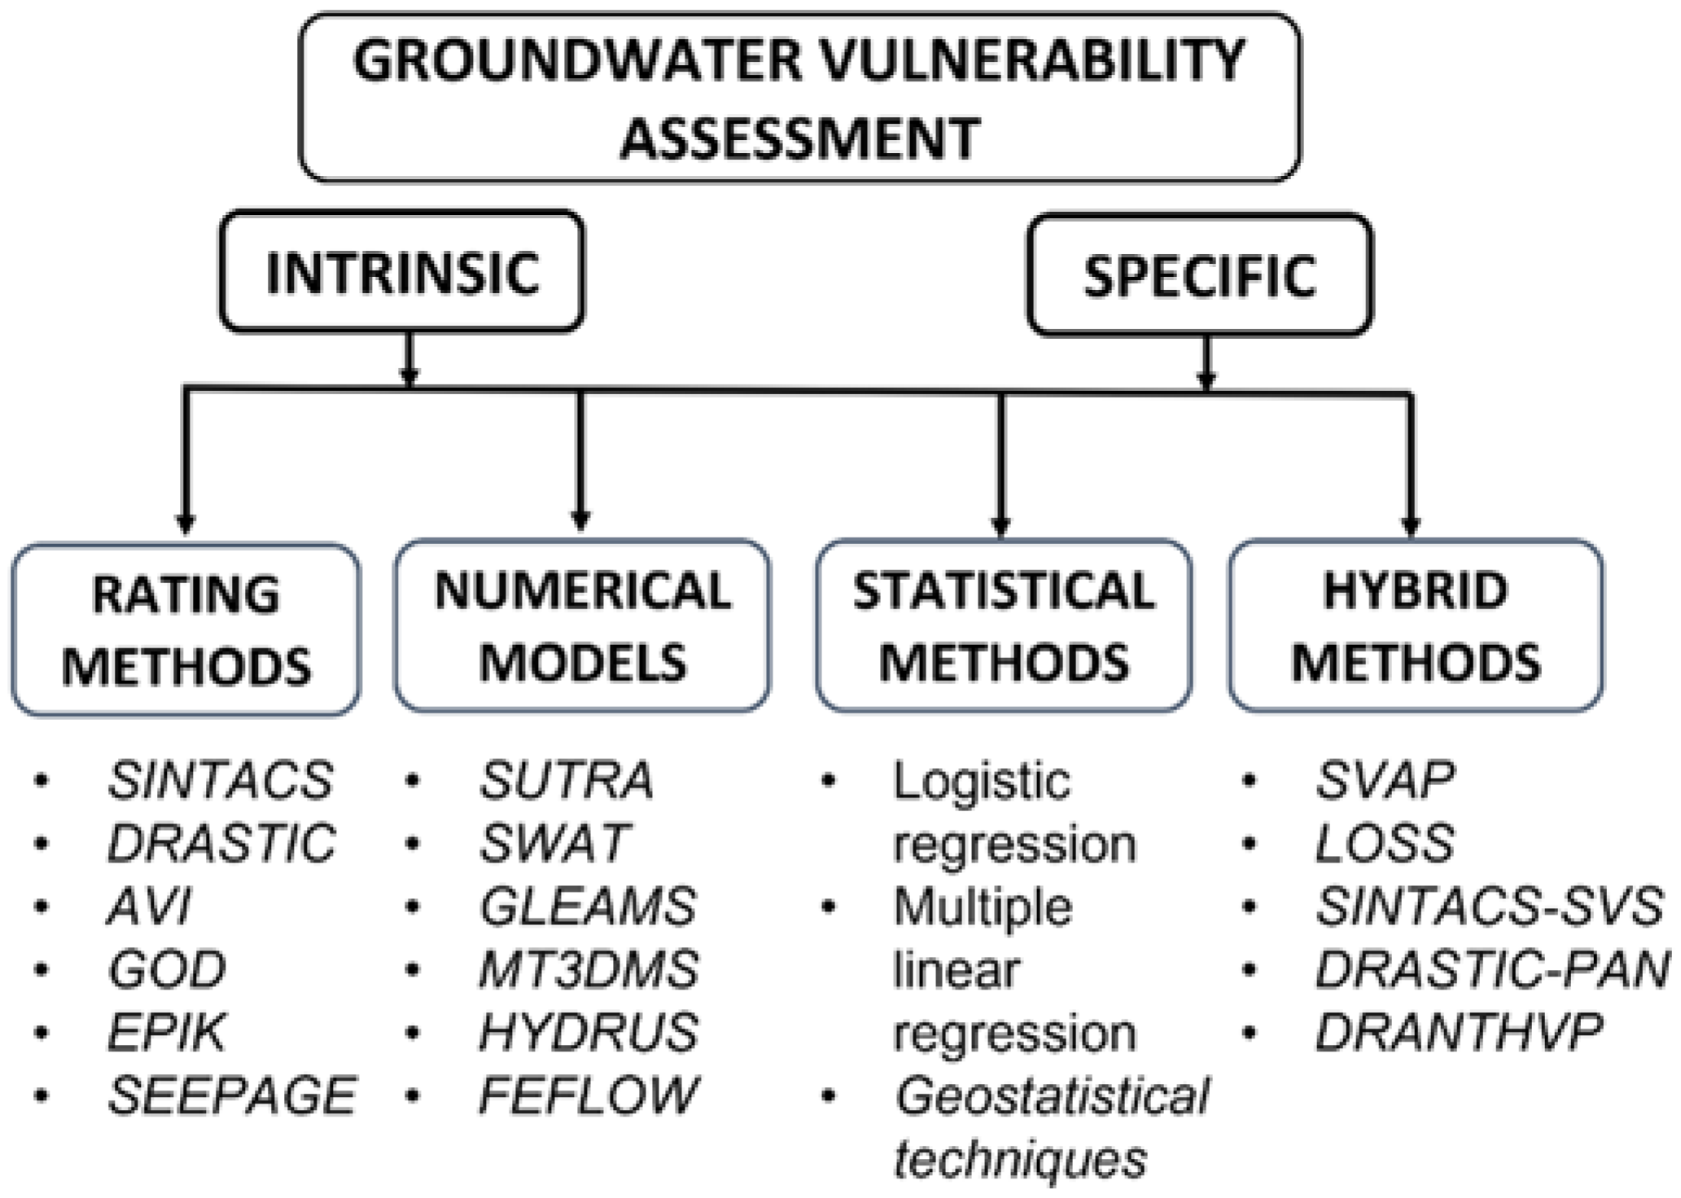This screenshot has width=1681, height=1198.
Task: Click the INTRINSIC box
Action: click(402, 272)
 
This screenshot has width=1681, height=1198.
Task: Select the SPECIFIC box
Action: click(1199, 275)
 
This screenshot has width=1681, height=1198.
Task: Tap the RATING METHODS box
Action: click(186, 630)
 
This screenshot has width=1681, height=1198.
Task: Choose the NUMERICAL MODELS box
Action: click(582, 625)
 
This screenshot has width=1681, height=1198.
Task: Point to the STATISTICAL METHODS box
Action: click(1003, 625)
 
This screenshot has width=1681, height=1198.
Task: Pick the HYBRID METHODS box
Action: click(1416, 625)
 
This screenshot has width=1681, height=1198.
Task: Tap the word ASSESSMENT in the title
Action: click(799, 137)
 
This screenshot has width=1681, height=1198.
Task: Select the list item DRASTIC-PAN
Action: click(1491, 969)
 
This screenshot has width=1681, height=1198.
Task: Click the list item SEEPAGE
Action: click(232, 1095)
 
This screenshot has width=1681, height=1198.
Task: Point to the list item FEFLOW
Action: click(588, 1095)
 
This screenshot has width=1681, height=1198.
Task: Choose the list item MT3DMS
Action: click(588, 969)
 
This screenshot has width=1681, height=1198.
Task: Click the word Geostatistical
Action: click(1052, 1095)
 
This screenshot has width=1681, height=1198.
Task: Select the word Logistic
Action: click(981, 780)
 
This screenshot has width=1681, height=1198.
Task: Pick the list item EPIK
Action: click(167, 1032)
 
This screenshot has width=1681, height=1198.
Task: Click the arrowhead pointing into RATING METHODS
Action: click(186, 524)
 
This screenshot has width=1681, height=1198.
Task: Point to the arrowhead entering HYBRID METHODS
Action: click(1411, 525)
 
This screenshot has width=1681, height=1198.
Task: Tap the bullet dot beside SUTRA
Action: click(413, 780)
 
